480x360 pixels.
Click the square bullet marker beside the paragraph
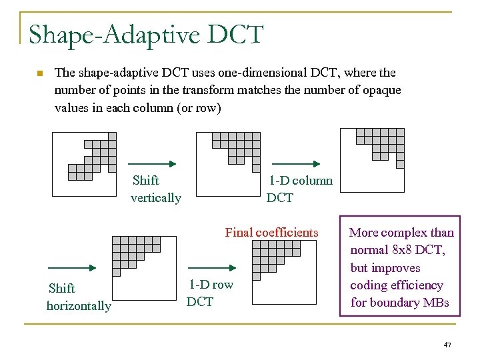point(40,73)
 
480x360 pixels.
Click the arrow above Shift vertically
point(151,163)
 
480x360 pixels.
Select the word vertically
point(156,198)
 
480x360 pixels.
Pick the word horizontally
point(79,306)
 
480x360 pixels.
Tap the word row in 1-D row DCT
point(223,285)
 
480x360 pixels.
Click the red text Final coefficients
point(271,233)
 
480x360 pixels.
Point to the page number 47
point(447,345)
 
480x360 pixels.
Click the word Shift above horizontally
point(62,289)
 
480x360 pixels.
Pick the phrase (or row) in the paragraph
point(195,107)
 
